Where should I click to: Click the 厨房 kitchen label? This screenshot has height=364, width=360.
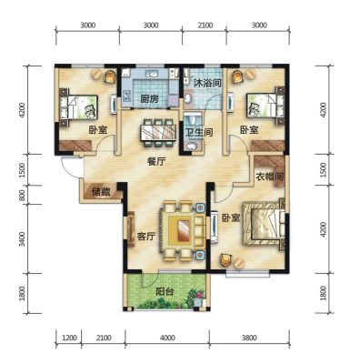click(149, 98)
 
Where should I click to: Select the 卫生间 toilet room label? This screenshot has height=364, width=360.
click(199, 132)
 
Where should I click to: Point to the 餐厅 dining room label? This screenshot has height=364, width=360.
click(156, 162)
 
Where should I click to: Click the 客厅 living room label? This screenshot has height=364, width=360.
click(146, 237)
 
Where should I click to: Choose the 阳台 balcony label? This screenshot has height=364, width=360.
click(165, 292)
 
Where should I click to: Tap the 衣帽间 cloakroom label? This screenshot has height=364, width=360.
click(269, 177)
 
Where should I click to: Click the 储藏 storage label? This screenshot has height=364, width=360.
click(101, 192)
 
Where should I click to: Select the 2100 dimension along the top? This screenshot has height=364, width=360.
click(205, 25)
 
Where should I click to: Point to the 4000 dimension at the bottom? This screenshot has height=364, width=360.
click(167, 338)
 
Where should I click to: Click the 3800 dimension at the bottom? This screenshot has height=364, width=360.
click(249, 338)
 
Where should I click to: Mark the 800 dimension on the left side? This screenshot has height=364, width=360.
click(22, 195)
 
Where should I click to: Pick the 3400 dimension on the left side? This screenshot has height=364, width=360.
click(22, 238)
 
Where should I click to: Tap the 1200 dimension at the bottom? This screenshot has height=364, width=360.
click(69, 338)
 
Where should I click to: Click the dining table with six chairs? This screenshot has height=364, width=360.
click(157, 133)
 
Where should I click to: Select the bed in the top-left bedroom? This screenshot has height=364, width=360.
click(79, 106)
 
